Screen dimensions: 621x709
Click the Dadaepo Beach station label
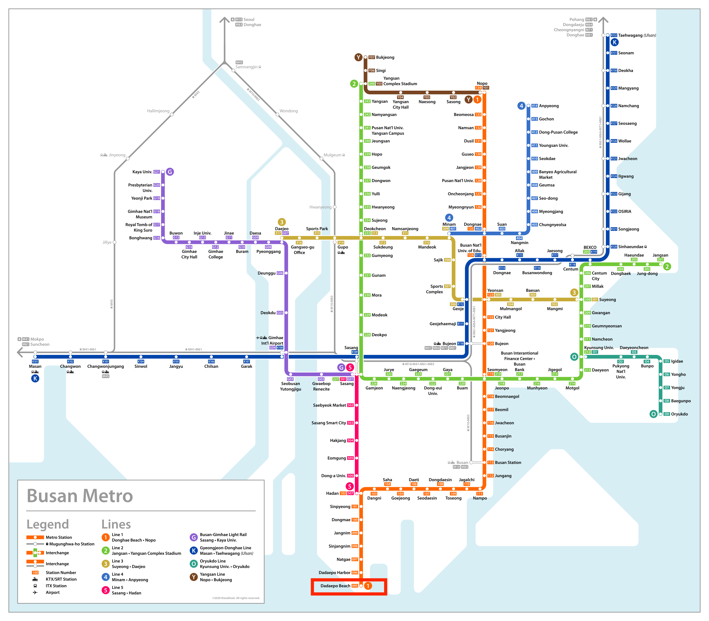click(335, 586)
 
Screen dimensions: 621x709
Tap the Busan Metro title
click(80, 496)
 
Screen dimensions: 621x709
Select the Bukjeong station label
click(385, 57)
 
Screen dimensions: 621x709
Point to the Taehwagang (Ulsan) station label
click(637, 35)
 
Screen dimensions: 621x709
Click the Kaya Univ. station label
click(142, 172)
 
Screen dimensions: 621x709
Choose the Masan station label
click(35, 366)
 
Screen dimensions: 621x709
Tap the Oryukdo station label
click(679, 414)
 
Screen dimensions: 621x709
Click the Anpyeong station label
click(549, 106)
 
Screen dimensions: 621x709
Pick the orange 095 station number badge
click(355, 586)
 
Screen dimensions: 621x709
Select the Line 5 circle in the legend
click(106, 590)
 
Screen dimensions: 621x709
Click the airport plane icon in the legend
click(35, 592)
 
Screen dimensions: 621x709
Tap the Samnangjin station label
click(246, 67)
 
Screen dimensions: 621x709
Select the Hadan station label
click(332, 493)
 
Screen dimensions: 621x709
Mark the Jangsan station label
click(660, 255)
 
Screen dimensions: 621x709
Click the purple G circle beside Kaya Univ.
click(170, 172)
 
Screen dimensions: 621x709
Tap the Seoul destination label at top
click(249, 19)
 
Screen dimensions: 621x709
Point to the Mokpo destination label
click(37, 339)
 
